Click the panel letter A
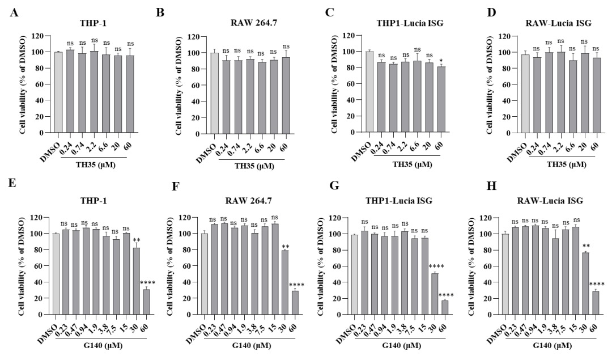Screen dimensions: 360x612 [x=13, y=11]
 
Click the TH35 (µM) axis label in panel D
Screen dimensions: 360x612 [x=556, y=164]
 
